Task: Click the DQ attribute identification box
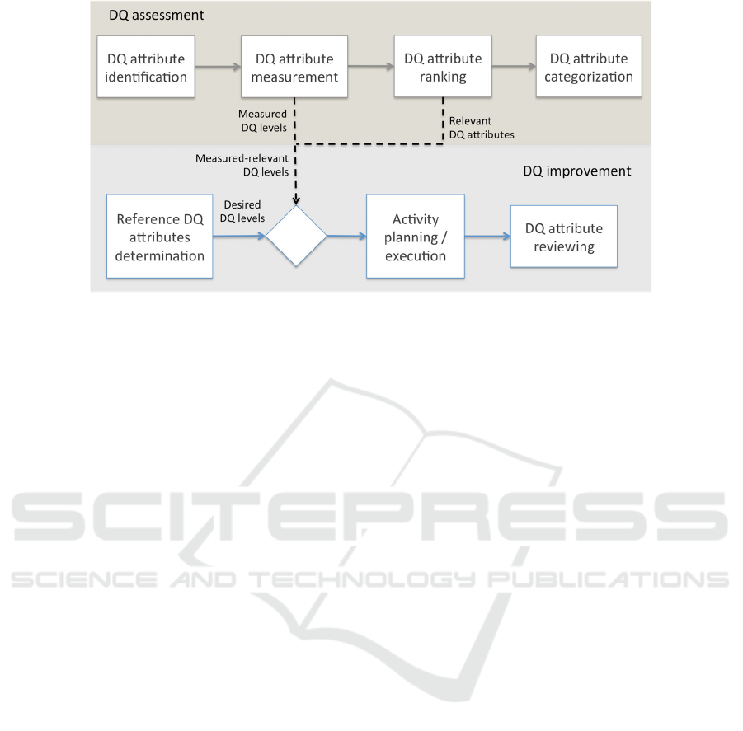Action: (x=146, y=67)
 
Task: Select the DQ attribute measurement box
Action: (x=294, y=67)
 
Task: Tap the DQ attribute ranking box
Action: (x=443, y=66)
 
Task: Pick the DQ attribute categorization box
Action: (x=589, y=66)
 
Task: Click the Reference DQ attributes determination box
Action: (x=160, y=237)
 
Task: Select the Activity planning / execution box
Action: (x=416, y=237)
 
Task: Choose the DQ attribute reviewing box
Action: (x=564, y=237)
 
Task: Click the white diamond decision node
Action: (x=296, y=236)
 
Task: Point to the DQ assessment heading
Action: (x=157, y=15)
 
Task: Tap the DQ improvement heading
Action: (x=577, y=171)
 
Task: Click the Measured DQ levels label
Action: (x=263, y=120)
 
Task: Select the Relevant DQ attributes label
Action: (x=482, y=128)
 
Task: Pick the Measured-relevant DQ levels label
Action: (x=242, y=165)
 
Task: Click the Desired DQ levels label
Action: (x=242, y=211)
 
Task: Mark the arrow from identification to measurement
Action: (x=218, y=67)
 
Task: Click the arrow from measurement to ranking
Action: (x=371, y=67)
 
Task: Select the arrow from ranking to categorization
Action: (x=514, y=66)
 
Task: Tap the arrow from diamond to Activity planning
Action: (x=346, y=236)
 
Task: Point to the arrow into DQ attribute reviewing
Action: (x=487, y=237)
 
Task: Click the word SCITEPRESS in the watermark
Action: (x=369, y=517)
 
